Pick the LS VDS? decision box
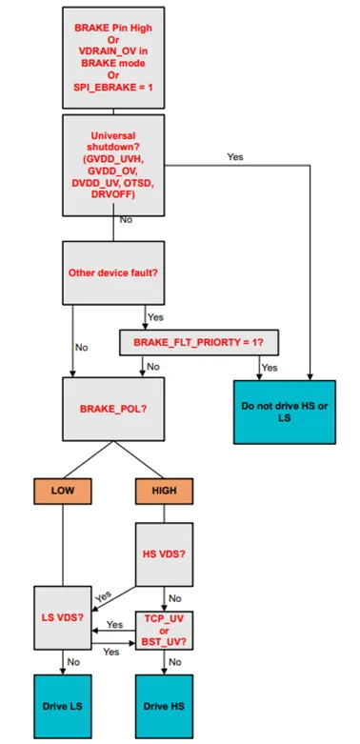click(x=62, y=616)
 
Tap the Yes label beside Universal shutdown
click(x=235, y=156)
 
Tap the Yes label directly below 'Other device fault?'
click(x=154, y=317)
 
